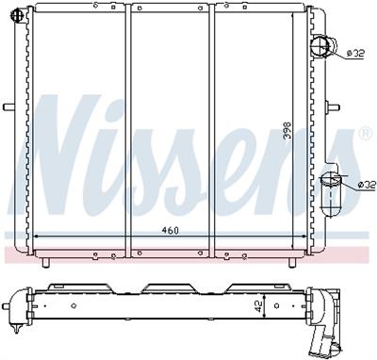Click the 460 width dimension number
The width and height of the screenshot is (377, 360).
pyautogui.click(x=170, y=230)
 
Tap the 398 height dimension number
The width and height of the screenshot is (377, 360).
pyautogui.click(x=287, y=131)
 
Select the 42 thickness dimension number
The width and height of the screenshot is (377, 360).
pyautogui.click(x=258, y=306)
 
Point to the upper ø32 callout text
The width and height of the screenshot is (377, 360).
pyautogui.click(x=355, y=54)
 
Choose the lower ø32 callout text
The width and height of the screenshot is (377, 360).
pyautogui.click(x=367, y=186)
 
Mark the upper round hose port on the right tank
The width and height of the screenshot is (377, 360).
pyautogui.click(x=323, y=46)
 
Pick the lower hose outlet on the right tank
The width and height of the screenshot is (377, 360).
pyautogui.click(x=331, y=194)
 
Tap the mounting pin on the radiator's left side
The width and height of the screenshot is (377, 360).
pyautogui.click(x=9, y=106)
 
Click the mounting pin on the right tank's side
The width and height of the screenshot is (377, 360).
pyautogui.click(x=333, y=107)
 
